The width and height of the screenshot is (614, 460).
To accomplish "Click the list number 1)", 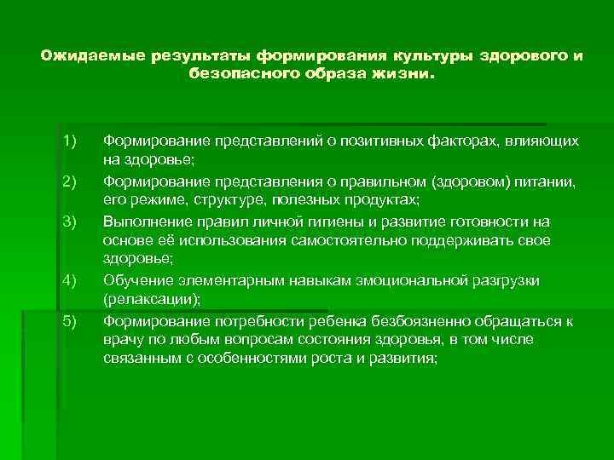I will (x=69, y=140).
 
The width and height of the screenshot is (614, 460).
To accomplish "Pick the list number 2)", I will (x=69, y=180).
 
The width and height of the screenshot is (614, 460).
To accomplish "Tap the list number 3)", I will (x=69, y=221).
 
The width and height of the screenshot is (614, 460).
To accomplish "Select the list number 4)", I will (x=69, y=280).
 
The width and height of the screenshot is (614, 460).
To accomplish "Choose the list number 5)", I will (x=69, y=320).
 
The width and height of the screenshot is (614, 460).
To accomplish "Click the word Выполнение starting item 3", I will (x=142, y=221).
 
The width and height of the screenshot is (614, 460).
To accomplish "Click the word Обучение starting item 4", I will (x=133, y=280).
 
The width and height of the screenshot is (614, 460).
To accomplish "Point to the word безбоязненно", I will (x=420, y=320).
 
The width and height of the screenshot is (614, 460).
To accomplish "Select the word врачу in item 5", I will (x=121, y=340).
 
